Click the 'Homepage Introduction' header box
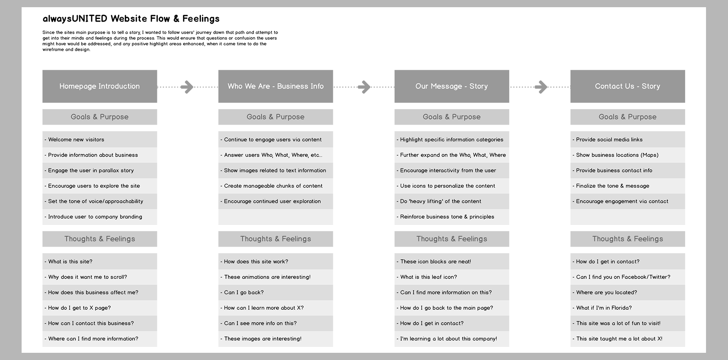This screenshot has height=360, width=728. (x=99, y=86)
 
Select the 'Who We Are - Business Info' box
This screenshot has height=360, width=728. (x=276, y=86)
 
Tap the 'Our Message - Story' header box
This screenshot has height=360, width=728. (x=452, y=86)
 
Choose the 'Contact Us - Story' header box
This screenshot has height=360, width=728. (x=628, y=86)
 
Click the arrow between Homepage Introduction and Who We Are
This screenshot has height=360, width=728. (x=187, y=87)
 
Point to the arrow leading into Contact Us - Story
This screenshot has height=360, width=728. (x=541, y=87)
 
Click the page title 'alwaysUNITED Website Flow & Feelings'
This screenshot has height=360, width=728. (x=131, y=19)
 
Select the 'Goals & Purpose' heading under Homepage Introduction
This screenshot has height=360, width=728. (x=99, y=117)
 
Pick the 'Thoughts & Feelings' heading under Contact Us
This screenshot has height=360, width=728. (x=628, y=239)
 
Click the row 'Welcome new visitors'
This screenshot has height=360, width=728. (x=99, y=139)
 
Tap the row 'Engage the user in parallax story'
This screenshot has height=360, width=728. (x=99, y=171)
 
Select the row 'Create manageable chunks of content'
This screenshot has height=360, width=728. (x=276, y=186)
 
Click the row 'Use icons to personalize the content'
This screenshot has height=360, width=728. (x=452, y=186)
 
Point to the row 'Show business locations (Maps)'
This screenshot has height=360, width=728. (x=628, y=155)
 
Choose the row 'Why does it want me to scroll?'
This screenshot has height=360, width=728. (x=99, y=277)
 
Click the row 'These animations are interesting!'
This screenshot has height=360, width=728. (x=276, y=277)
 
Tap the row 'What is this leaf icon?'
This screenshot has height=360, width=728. (x=452, y=277)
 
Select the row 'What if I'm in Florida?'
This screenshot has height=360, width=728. (x=628, y=308)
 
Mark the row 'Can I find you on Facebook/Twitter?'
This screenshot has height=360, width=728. (x=628, y=277)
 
